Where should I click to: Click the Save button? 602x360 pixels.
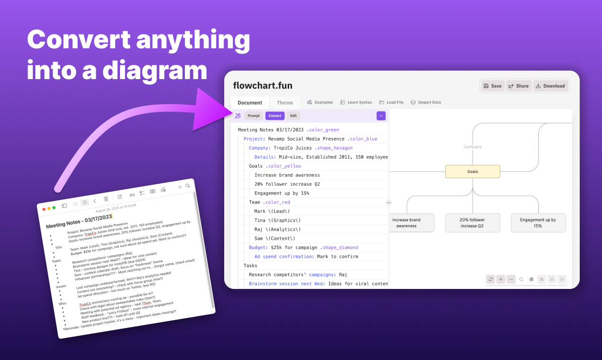point(493,86)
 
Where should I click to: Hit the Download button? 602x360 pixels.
point(550,86)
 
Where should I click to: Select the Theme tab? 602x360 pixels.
point(285,103)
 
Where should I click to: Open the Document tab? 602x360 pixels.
point(250,103)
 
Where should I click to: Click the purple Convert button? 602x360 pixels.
point(275,116)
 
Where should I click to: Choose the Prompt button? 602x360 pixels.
point(254,116)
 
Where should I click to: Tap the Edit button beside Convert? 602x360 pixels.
point(293,116)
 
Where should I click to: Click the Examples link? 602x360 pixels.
point(320,102)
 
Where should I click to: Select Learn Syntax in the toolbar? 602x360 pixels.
point(356,102)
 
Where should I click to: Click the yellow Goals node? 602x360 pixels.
point(473,171)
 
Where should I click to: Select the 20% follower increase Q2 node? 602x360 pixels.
point(472,223)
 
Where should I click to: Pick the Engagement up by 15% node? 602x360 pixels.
point(538,223)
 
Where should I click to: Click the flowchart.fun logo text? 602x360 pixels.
point(263,86)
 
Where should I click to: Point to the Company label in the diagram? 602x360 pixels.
point(473,147)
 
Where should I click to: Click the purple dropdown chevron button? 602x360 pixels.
point(381,116)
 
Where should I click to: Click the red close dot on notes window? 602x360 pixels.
point(44,209)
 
